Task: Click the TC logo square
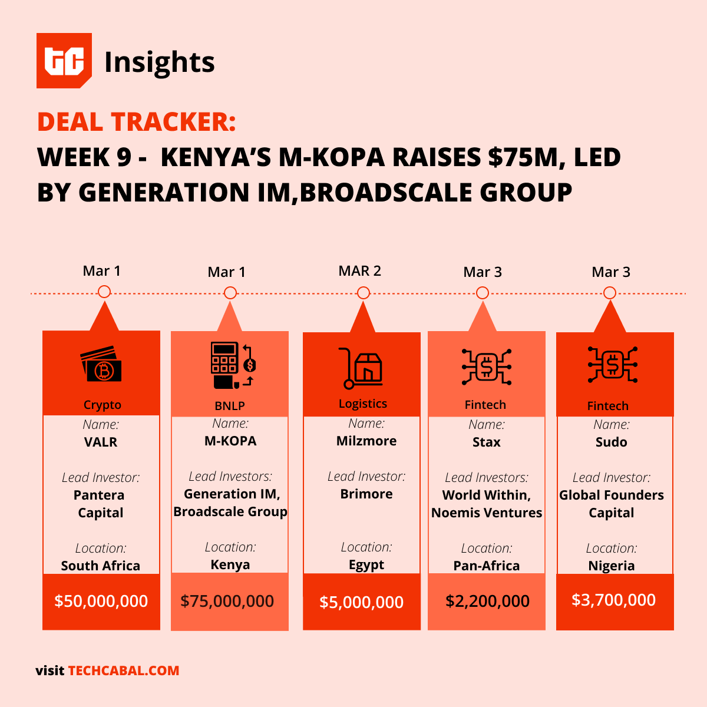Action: pos(64,61)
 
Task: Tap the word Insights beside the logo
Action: pos(159,62)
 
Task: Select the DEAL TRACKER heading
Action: pos(136,122)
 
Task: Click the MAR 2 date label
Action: pos(359,271)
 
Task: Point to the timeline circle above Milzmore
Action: pos(364,293)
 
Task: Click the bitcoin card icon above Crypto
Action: pos(101,364)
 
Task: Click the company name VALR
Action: pos(101,442)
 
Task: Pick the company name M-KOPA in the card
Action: pos(230,441)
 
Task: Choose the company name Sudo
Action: pos(611,442)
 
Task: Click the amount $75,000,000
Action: pos(227,601)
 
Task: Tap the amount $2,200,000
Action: pos(487,601)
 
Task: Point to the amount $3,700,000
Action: pos(613,600)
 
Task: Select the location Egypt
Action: pos(366,564)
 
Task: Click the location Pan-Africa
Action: pos(486,566)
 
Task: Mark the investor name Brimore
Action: pos(366,494)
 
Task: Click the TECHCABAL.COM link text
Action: pos(124,670)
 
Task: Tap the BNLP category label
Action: pos(230,406)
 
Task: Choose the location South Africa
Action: pos(101,566)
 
